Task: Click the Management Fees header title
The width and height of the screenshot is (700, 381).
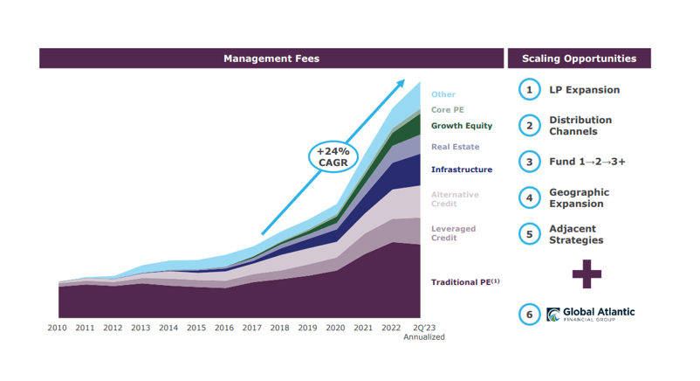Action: (271, 59)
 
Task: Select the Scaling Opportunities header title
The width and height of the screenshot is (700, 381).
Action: (579, 59)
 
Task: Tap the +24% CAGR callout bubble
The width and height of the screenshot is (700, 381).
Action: (333, 158)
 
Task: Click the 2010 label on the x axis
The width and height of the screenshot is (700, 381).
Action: (58, 328)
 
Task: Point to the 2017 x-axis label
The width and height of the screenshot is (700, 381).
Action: (251, 328)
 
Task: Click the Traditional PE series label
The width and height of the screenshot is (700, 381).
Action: (464, 282)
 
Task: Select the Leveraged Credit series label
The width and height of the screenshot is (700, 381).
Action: (453, 232)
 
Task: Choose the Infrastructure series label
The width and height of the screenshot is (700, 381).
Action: (461, 170)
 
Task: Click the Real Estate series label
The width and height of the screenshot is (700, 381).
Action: (455, 147)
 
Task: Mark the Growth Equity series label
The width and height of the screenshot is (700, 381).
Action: (461, 126)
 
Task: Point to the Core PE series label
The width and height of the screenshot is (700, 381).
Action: (447, 110)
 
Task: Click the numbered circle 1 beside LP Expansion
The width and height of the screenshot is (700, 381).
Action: (529, 89)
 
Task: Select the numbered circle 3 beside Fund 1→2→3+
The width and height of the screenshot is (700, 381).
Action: (529, 162)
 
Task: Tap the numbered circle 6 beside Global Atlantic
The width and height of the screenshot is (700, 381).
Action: (529, 314)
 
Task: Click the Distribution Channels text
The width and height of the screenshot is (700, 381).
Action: (580, 126)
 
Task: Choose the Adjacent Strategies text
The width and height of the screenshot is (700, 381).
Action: (575, 234)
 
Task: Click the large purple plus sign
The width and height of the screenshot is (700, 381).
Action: (587, 274)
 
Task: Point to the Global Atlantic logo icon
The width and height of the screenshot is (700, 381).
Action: (553, 314)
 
